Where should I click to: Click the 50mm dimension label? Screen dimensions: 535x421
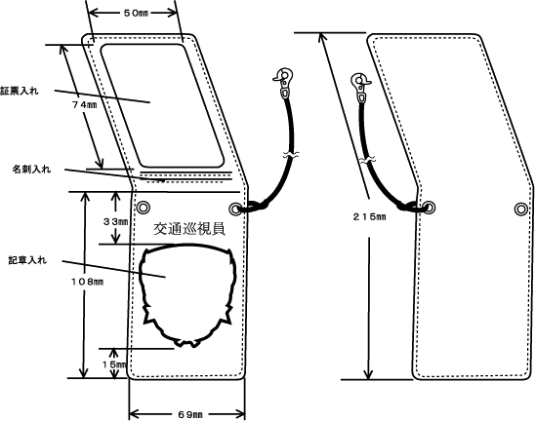pyautogui.click(x=136, y=14)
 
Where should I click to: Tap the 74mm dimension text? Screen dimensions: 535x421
pyautogui.click(x=84, y=105)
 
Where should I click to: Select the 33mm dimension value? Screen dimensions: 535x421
pyautogui.click(x=115, y=222)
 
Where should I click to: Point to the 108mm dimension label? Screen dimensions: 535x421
pyautogui.click(x=87, y=282)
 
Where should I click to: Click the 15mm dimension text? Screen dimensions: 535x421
pyautogui.click(x=114, y=364)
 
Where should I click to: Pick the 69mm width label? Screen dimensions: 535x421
pyautogui.click(x=190, y=414)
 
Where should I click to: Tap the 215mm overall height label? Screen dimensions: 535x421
pyautogui.click(x=369, y=216)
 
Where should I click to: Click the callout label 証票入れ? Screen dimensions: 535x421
pyautogui.click(x=20, y=91)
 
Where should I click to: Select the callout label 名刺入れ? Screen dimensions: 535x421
pyautogui.click(x=32, y=169)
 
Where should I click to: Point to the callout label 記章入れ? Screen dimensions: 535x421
pyautogui.click(x=27, y=260)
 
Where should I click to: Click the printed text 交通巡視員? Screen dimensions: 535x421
pyautogui.click(x=189, y=229)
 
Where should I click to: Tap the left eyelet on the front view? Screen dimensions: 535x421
pyautogui.click(x=144, y=208)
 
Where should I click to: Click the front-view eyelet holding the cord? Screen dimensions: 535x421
pyautogui.click(x=235, y=209)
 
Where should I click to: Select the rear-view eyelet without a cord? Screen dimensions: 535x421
pyautogui.click(x=521, y=209)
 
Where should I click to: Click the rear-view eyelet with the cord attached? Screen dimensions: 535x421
pyautogui.click(x=430, y=208)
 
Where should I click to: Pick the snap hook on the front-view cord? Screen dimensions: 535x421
pyautogui.click(x=283, y=83)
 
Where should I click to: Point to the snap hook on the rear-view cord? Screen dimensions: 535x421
pyautogui.click(x=361, y=88)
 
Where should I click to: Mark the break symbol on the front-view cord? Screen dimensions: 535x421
pyautogui.click(x=291, y=155)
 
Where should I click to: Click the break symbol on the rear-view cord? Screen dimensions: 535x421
pyautogui.click(x=368, y=160)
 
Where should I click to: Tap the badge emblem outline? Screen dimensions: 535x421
pyautogui.click(x=140, y=273)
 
